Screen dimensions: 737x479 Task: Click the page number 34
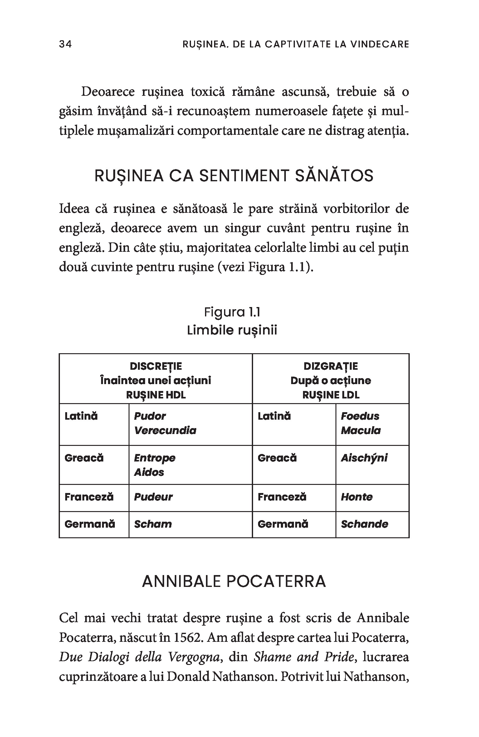point(65,44)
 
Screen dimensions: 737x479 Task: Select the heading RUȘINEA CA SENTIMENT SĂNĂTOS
point(234,176)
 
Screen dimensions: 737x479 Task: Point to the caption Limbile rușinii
point(232,330)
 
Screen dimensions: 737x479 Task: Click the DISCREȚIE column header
point(155,366)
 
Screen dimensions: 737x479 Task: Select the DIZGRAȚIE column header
point(330,366)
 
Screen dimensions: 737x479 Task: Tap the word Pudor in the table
point(150,416)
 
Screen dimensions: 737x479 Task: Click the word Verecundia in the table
point(165,431)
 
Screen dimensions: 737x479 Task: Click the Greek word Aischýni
point(364,458)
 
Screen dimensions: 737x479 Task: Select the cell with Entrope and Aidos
point(190,465)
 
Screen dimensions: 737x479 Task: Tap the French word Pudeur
point(153,497)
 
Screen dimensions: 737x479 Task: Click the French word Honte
point(356,497)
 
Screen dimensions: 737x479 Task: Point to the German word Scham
point(153,524)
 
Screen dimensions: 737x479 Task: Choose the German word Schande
point(364,524)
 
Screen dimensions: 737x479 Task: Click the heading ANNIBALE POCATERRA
point(234,582)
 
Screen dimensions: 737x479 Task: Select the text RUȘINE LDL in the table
point(330,395)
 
